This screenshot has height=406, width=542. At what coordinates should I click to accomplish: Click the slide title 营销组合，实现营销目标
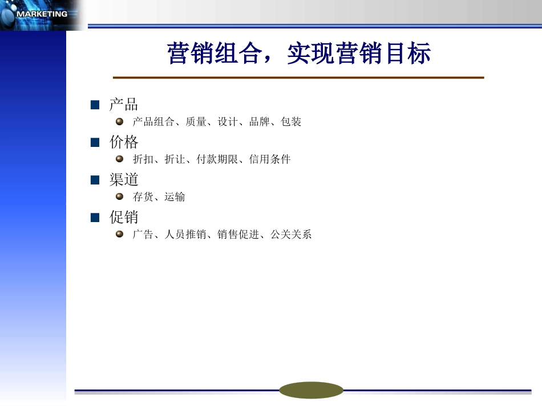tap(299, 54)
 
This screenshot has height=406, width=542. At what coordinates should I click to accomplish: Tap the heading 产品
tap(124, 104)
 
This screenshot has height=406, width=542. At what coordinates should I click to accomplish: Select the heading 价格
tap(124, 142)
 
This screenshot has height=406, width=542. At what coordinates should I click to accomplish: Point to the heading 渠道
tap(124, 179)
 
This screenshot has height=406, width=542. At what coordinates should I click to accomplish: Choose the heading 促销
tap(124, 217)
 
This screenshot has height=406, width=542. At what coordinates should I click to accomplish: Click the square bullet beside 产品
tap(95, 105)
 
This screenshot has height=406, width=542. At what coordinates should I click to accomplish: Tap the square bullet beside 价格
tap(95, 142)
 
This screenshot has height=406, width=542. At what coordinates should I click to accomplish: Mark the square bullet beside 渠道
tap(95, 180)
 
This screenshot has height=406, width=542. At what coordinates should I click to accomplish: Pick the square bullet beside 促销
tap(95, 218)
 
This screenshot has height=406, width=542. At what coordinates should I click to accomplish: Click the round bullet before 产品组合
tap(120, 121)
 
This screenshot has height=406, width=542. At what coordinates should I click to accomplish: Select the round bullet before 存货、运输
tap(120, 196)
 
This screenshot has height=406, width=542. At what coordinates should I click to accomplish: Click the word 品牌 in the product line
tap(260, 122)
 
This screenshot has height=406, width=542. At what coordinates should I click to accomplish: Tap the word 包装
tap(292, 122)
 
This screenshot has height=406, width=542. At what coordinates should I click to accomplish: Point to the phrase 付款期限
tap(217, 159)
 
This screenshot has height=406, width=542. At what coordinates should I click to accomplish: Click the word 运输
tap(175, 197)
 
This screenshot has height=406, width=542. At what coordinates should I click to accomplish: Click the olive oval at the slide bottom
tap(311, 390)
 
